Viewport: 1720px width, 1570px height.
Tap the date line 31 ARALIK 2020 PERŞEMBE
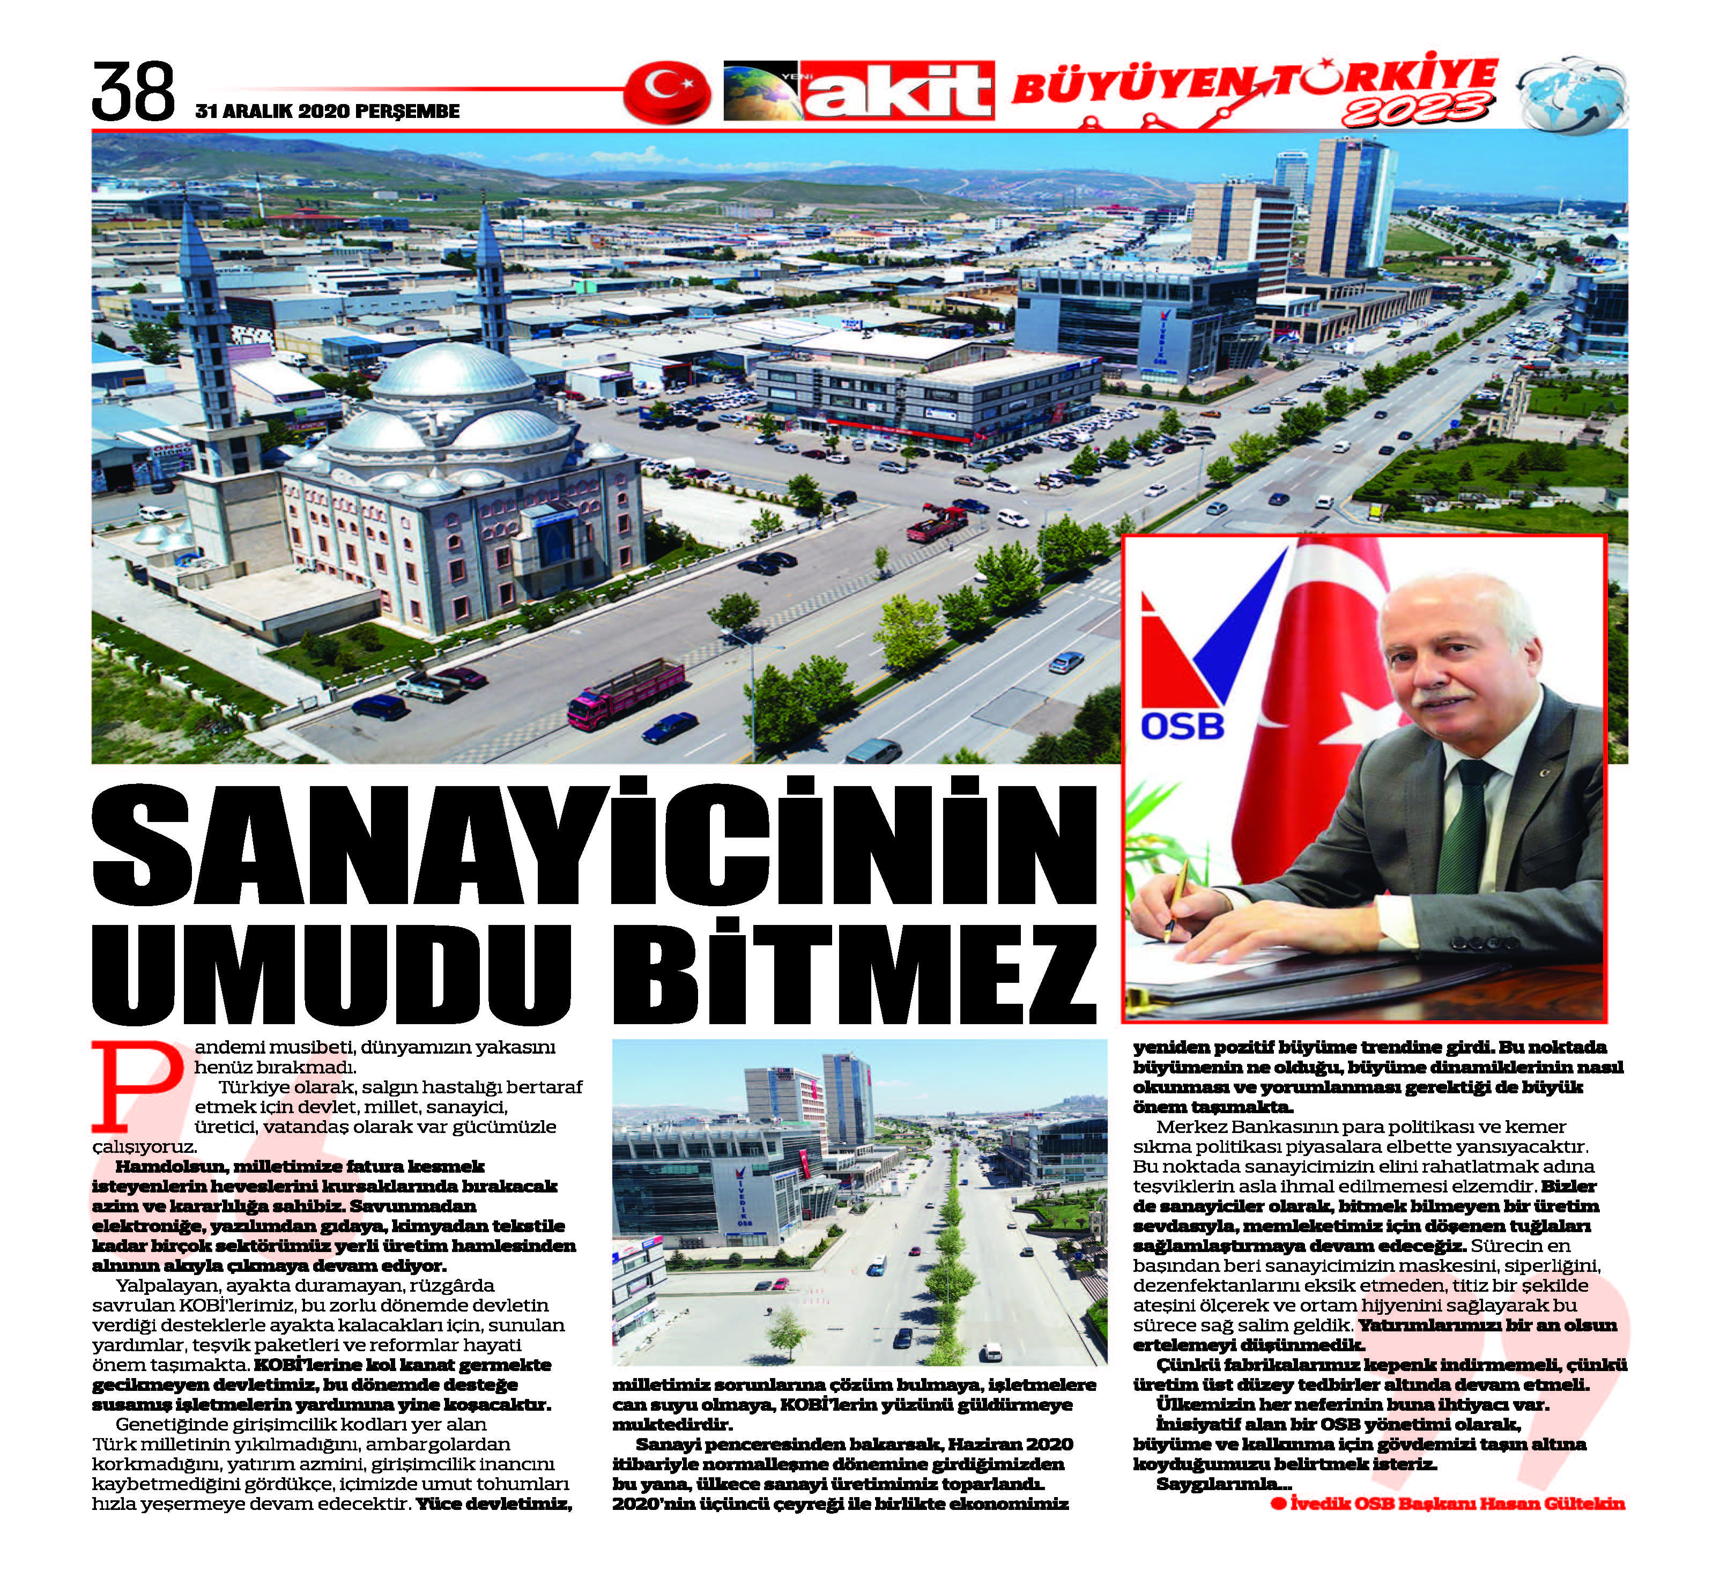coord(327,112)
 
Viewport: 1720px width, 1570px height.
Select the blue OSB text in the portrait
coord(1182,726)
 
